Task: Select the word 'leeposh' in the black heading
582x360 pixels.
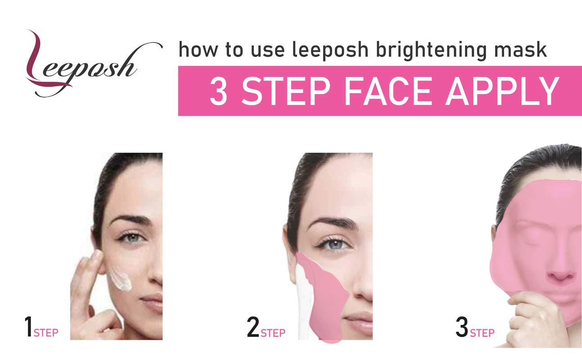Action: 330,50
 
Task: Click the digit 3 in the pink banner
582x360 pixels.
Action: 218,91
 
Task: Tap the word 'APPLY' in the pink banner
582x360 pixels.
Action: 502,91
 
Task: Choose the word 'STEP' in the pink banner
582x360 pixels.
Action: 286,91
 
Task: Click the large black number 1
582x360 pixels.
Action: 28,327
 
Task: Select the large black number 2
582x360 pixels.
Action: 253,327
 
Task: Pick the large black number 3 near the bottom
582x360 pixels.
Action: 462,327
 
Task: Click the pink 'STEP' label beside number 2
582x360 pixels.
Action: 273,333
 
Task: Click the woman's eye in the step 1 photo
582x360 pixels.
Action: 132,238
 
